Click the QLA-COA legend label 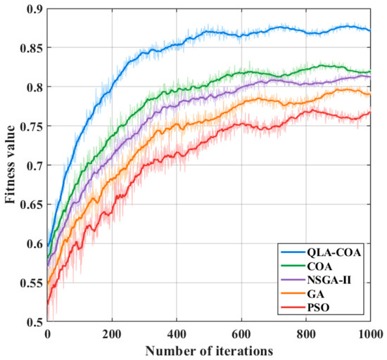pyautogui.click(x=334, y=252)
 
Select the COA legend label pyautogui.click(x=319, y=266)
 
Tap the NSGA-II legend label pyautogui.click(x=329, y=280)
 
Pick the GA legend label pyautogui.click(x=316, y=294)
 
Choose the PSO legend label pyautogui.click(x=318, y=307)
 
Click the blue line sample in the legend pyautogui.click(x=293, y=252)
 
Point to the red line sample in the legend pyautogui.click(x=293, y=307)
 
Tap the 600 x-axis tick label pyautogui.click(x=241, y=335)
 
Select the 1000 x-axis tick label pyautogui.click(x=371, y=335)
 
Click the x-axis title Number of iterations pyautogui.click(x=209, y=351)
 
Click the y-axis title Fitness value pyautogui.click(x=11, y=165)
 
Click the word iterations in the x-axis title pyautogui.click(x=244, y=351)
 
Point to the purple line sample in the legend pyautogui.click(x=293, y=280)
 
